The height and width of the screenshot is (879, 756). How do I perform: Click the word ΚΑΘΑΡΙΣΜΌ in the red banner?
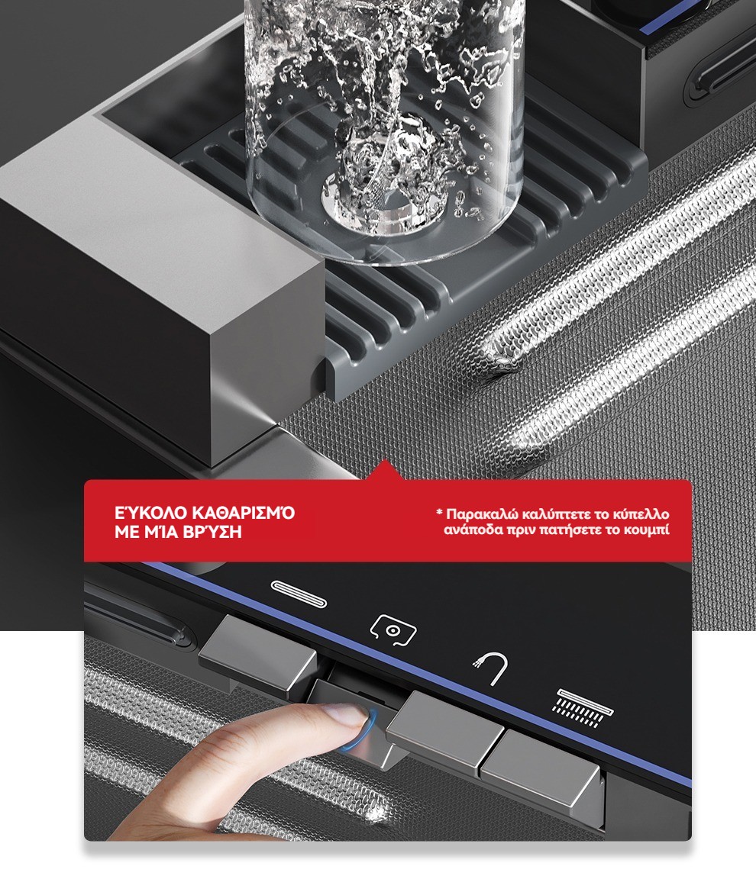(x=244, y=513)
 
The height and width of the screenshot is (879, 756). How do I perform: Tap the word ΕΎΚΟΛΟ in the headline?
(x=150, y=513)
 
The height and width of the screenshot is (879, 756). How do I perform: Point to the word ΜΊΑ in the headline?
(x=162, y=532)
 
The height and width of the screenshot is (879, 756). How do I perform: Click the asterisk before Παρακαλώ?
(x=440, y=512)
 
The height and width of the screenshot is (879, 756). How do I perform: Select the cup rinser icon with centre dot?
(x=393, y=631)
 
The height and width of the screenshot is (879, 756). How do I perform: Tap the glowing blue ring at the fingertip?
(x=360, y=729)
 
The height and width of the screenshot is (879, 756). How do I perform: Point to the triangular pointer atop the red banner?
(x=384, y=470)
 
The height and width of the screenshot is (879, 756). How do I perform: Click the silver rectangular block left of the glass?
(x=163, y=291)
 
